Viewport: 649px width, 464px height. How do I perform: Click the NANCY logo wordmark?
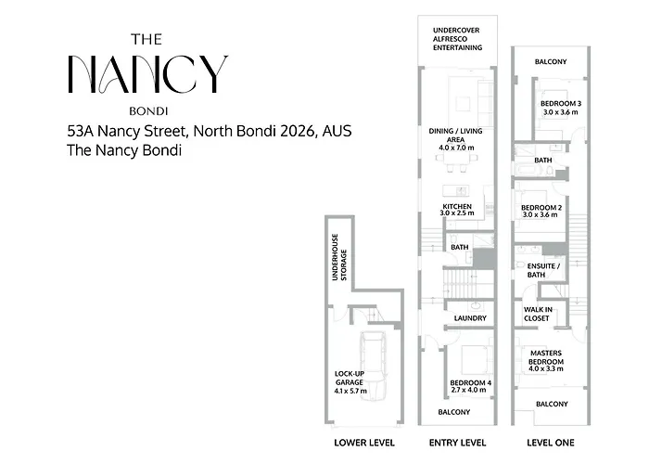tap(147, 74)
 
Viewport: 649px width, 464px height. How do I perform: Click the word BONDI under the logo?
tap(148, 111)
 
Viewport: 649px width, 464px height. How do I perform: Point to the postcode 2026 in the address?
tap(298, 131)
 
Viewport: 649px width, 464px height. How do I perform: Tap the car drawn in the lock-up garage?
tap(374, 367)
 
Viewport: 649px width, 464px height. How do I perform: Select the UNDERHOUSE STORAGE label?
tap(339, 257)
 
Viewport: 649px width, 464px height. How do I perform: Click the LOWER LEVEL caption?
tap(364, 443)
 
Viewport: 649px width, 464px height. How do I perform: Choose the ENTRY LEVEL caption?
tap(457, 443)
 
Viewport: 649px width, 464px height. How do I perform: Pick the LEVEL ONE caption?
tap(551, 443)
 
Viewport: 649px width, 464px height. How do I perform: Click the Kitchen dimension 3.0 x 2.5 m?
tap(457, 213)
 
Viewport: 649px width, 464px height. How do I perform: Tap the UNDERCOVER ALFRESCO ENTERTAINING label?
tap(457, 39)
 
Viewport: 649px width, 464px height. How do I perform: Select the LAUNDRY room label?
tap(470, 318)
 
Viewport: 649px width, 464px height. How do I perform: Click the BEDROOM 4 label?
tap(471, 382)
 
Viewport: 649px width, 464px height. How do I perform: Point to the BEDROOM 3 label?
tap(561, 104)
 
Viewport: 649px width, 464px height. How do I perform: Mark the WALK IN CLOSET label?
tap(537, 314)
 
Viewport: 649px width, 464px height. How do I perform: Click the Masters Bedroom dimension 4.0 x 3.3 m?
tap(546, 368)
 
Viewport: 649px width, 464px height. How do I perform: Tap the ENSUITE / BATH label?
tap(543, 270)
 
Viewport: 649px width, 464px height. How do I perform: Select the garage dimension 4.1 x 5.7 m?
tap(350, 391)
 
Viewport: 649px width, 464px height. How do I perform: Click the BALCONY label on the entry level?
tap(454, 412)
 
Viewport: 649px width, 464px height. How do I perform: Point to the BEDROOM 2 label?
tap(541, 208)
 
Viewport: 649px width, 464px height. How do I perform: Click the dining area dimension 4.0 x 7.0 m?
tap(456, 148)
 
